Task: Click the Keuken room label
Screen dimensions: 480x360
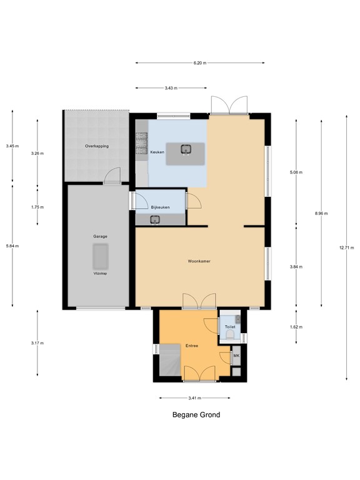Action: (157, 152)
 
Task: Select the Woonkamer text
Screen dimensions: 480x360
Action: (198, 261)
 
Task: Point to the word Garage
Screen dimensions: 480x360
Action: (100, 237)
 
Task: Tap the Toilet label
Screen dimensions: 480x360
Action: (229, 326)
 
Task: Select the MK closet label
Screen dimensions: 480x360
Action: (236, 356)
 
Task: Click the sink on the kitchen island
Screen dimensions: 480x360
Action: (186, 149)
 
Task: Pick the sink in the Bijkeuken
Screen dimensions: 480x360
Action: (155, 219)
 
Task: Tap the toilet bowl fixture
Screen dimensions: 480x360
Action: (230, 336)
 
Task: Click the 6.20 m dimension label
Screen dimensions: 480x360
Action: (199, 63)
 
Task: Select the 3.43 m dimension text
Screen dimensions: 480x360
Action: (171, 89)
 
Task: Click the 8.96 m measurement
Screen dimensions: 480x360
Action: (321, 213)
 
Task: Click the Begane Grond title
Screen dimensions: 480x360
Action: (196, 414)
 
